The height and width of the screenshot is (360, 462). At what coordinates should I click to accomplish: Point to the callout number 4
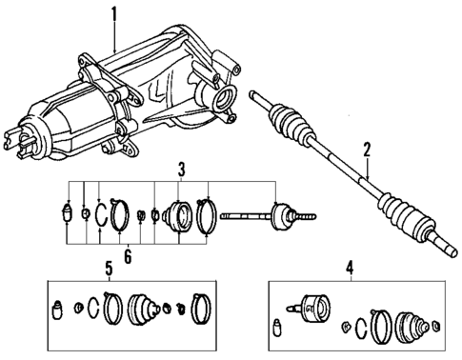pyautogui.click(x=349, y=269)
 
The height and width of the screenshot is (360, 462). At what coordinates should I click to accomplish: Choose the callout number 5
pyautogui.click(x=110, y=269)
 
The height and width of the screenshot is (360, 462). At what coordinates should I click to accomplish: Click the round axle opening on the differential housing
pyautogui.click(x=227, y=97)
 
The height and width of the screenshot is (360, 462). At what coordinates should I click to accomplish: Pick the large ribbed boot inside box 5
pyautogui.click(x=145, y=308)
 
